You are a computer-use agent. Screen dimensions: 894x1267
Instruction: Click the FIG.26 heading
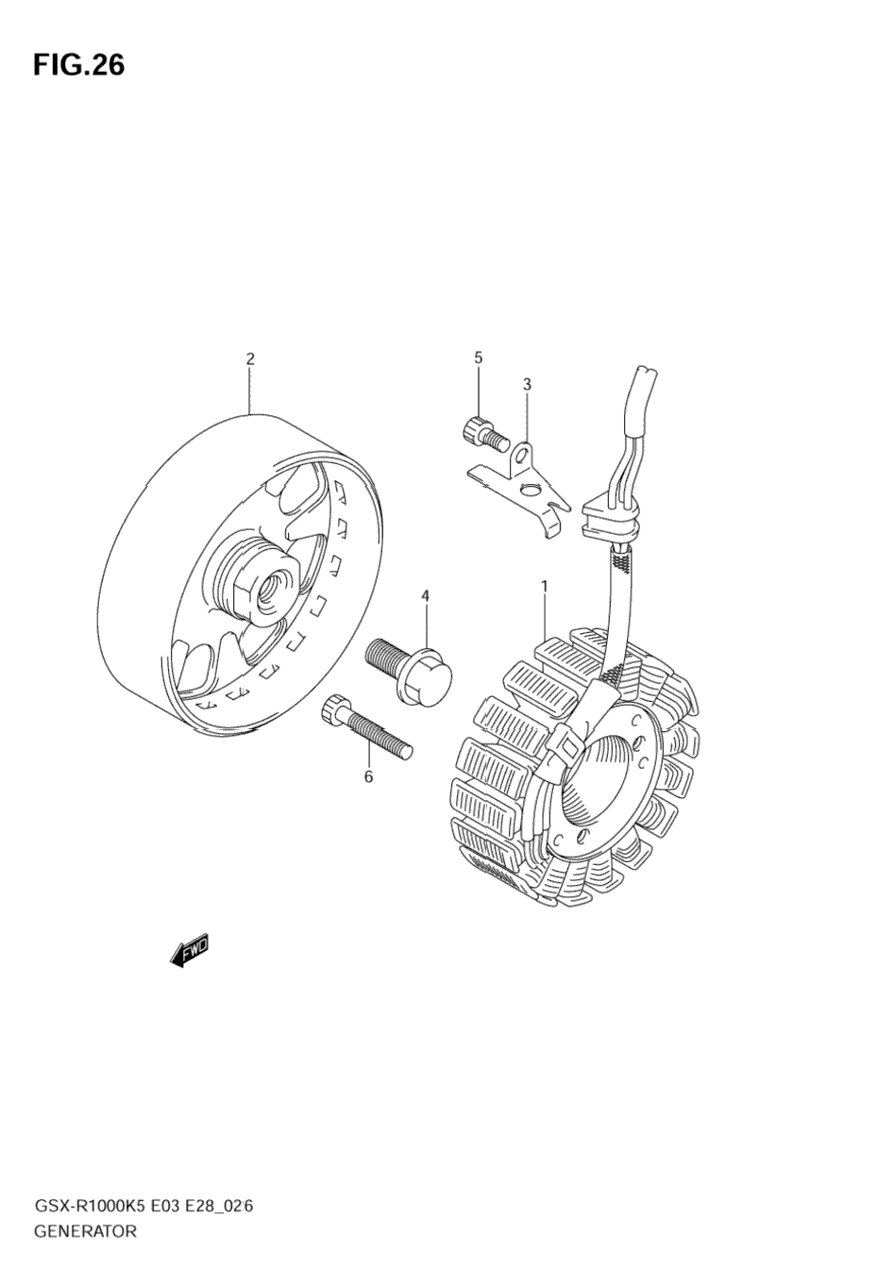coord(78,64)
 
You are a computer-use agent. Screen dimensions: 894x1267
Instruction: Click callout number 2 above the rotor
coord(250,358)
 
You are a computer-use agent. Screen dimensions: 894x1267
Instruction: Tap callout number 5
coord(478,358)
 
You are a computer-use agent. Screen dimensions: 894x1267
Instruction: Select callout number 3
coord(527,384)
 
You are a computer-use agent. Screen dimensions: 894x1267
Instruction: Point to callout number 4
coord(425,595)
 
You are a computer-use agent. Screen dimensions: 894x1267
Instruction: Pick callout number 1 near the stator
coord(544,587)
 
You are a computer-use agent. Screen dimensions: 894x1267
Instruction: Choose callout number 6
coord(368,776)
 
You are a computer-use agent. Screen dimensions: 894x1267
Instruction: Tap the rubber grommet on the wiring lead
coord(611,521)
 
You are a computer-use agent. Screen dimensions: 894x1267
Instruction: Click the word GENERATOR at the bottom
coord(85,1231)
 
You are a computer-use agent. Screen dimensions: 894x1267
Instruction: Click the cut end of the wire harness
coord(645,374)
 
